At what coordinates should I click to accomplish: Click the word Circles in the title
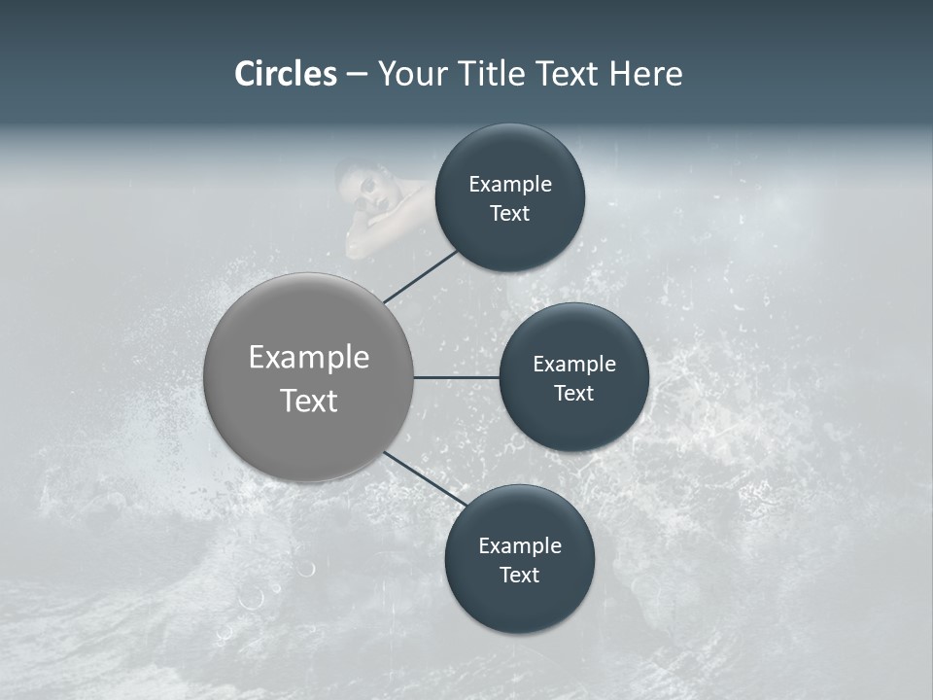pos(286,74)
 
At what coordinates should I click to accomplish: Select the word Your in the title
pos(414,74)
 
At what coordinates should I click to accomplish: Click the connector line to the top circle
pos(420,276)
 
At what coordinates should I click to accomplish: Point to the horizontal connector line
pos(456,377)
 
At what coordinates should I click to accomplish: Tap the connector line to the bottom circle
pos(425,478)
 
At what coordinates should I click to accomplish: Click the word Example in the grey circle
pos(309,358)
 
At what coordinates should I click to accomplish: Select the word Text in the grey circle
pos(309,401)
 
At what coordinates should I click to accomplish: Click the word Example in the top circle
pos(509,184)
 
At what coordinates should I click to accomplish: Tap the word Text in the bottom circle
pos(519,575)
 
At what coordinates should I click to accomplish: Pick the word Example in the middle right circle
pos(573,365)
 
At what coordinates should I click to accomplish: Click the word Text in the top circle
pos(509,213)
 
